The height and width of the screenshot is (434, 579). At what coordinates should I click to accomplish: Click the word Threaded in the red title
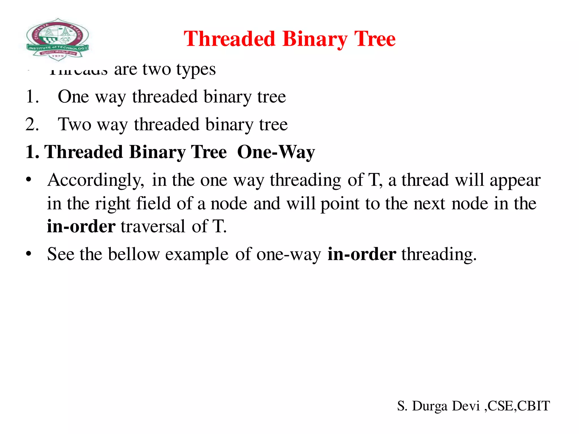point(229,39)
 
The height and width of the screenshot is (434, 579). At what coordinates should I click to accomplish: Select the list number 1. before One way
point(32,97)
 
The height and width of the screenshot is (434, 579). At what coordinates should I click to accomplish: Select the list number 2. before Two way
point(32,124)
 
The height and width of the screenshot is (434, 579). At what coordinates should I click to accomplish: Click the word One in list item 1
point(73,97)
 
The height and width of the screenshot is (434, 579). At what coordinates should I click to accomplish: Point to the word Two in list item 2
point(75,124)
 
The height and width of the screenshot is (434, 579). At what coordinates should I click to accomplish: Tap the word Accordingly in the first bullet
point(96,180)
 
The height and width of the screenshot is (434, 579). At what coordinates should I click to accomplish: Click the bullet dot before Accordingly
point(28,180)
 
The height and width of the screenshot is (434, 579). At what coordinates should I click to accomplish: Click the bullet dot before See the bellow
point(28,254)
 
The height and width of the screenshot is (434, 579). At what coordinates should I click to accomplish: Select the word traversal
point(153,227)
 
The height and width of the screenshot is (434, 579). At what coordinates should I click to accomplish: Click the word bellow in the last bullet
point(134,254)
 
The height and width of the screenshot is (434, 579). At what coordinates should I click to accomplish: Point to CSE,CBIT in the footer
point(518,406)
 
